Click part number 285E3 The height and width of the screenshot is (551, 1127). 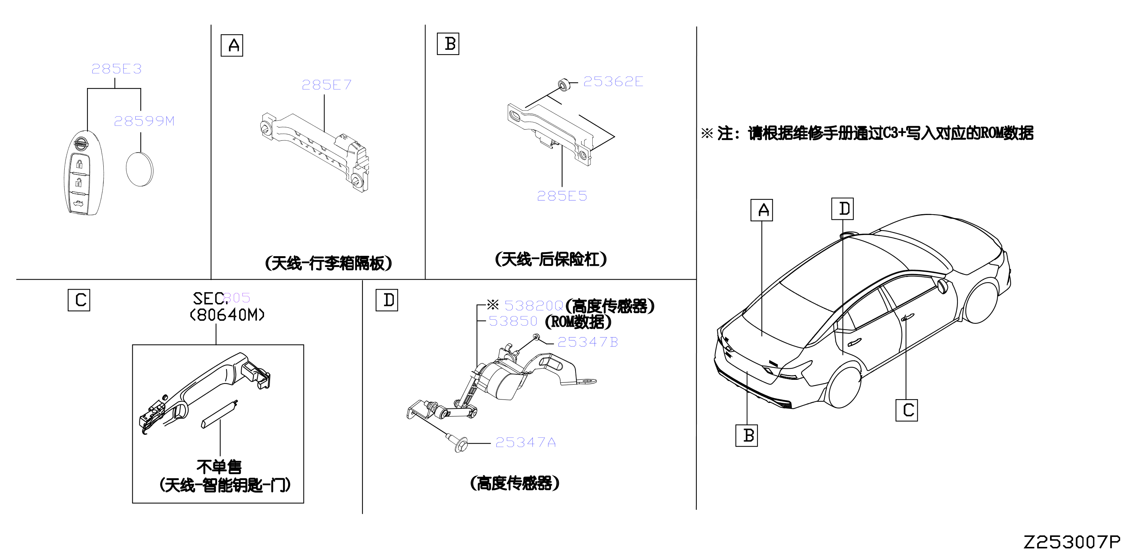(116, 69)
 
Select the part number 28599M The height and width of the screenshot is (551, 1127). (144, 121)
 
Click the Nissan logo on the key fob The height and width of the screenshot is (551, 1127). (81, 143)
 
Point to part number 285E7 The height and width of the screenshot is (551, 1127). (326, 85)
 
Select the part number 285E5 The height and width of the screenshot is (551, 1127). (562, 196)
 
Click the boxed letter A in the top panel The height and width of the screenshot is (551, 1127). (232, 45)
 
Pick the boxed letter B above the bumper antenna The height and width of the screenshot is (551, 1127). (448, 44)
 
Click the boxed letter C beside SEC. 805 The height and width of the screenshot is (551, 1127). (79, 300)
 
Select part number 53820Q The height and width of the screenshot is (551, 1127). (534, 306)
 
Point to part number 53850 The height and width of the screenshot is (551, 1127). (513, 321)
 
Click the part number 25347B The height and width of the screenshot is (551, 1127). (587, 342)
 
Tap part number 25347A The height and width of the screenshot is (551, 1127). (525, 443)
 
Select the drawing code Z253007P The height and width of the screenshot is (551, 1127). (1071, 542)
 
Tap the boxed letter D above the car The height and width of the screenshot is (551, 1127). (843, 209)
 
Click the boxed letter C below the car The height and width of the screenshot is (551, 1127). (907, 410)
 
